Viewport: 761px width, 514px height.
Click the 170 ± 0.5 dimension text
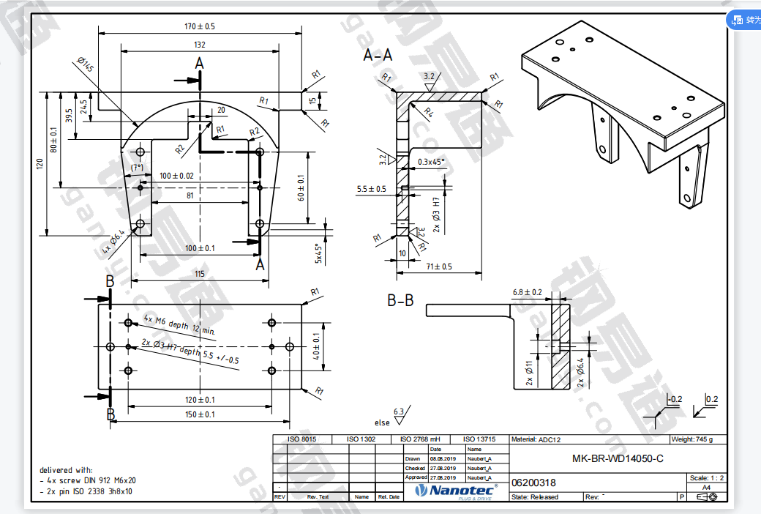(200, 26)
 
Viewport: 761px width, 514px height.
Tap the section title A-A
(378, 55)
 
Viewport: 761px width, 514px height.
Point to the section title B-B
(400, 299)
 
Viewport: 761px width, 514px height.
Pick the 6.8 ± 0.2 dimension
(528, 292)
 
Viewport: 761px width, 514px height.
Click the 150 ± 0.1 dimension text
(200, 414)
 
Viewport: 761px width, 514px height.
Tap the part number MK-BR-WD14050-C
(618, 459)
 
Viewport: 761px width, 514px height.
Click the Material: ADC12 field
(538, 439)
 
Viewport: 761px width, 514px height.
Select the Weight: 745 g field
(690, 439)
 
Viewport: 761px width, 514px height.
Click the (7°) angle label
(137, 168)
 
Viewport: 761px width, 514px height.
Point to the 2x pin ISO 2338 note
(86, 491)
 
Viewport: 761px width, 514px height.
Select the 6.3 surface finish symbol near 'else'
(400, 413)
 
